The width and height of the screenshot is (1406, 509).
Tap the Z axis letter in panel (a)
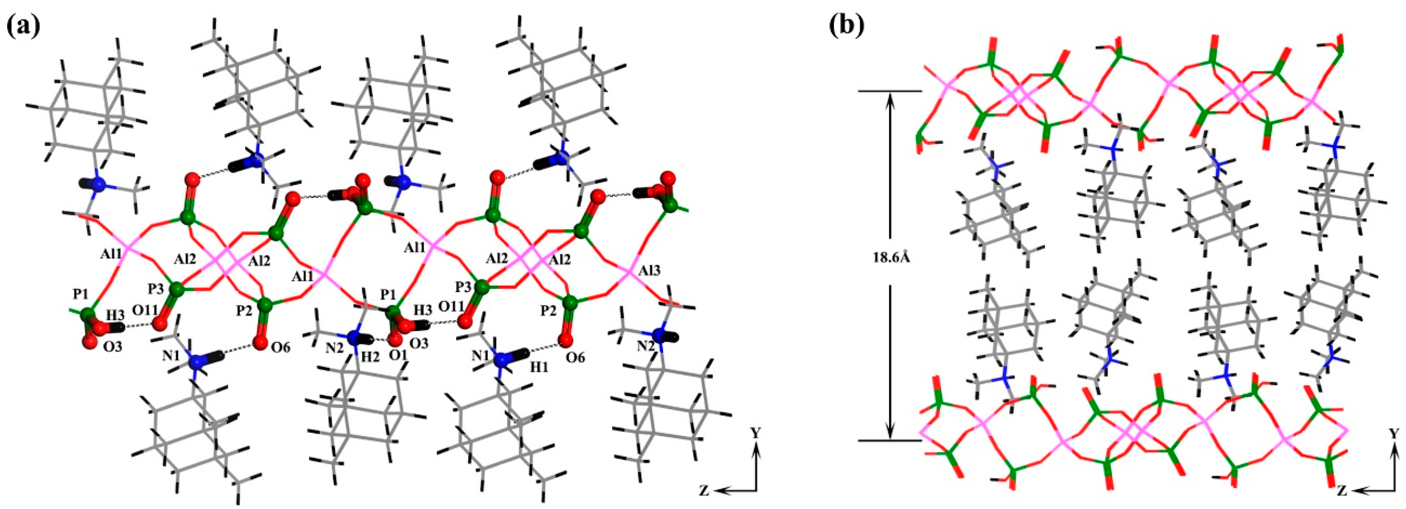[x=704, y=491]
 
